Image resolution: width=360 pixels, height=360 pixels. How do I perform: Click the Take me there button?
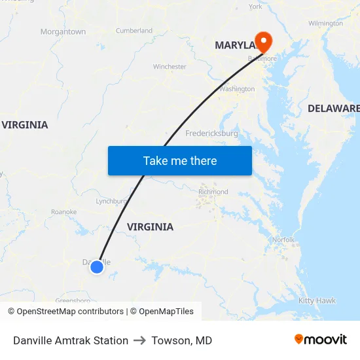pos(180,160)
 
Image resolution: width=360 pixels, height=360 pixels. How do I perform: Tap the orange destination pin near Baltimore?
pos(263,42)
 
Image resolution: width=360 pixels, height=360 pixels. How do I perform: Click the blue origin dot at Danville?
pos(97,266)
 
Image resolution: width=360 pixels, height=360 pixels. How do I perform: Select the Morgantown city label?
pos(63,31)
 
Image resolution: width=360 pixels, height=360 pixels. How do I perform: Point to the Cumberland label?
pos(134,31)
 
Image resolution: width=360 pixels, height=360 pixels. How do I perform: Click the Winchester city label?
pos(170,67)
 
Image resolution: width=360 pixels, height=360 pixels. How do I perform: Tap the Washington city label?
pos(237,89)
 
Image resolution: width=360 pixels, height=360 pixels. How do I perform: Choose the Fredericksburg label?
pos(211,133)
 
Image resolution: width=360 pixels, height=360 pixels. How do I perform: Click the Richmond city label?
pos(213,192)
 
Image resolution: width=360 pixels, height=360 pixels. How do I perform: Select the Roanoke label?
pos(64,212)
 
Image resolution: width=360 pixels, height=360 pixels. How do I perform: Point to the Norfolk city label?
pos(283,240)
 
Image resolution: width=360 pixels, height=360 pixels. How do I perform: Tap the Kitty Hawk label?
pos(317,300)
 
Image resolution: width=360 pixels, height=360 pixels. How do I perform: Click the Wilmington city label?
pos(325,24)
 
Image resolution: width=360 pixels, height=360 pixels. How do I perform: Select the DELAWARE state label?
pos(334,108)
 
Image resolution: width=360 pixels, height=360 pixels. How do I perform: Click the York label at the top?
pos(255,7)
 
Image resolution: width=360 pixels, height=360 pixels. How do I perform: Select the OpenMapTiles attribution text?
pos(162,312)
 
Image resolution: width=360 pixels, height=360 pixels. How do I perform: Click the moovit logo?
pos(320,340)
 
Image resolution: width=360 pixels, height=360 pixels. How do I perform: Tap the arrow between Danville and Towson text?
pos(139,340)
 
